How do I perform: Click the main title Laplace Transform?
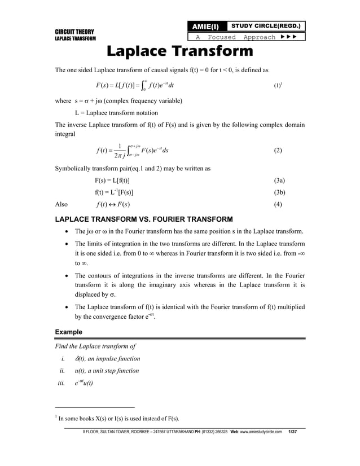(x=180, y=52)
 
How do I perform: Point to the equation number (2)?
(x=277, y=151)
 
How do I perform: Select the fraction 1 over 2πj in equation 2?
(x=121, y=151)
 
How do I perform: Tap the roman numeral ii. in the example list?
(x=63, y=371)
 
